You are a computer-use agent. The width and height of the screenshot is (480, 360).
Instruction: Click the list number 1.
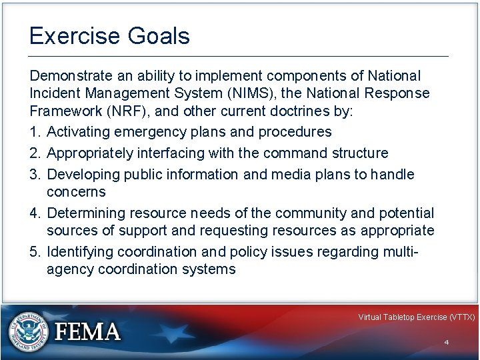point(34,131)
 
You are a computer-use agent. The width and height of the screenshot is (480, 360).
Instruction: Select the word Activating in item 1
point(79,131)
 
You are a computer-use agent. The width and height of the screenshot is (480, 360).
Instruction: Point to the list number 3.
point(34,175)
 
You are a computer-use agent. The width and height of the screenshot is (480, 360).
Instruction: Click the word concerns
point(76,192)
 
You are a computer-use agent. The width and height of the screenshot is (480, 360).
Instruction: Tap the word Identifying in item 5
point(80,252)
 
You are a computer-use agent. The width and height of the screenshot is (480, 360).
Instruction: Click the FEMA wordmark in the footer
point(87,332)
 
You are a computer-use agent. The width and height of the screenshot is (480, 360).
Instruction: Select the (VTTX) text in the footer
point(462,317)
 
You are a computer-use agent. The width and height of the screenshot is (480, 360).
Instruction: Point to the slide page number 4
point(446,342)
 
